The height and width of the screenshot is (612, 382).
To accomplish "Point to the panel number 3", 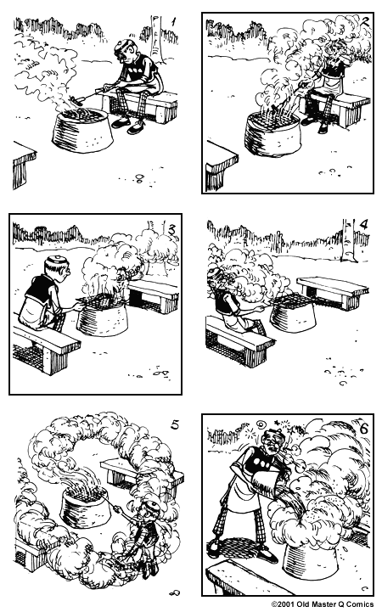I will [171, 227].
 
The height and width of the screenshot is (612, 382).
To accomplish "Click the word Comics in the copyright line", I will [360, 605].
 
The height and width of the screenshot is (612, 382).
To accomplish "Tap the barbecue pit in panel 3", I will [102, 316].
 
